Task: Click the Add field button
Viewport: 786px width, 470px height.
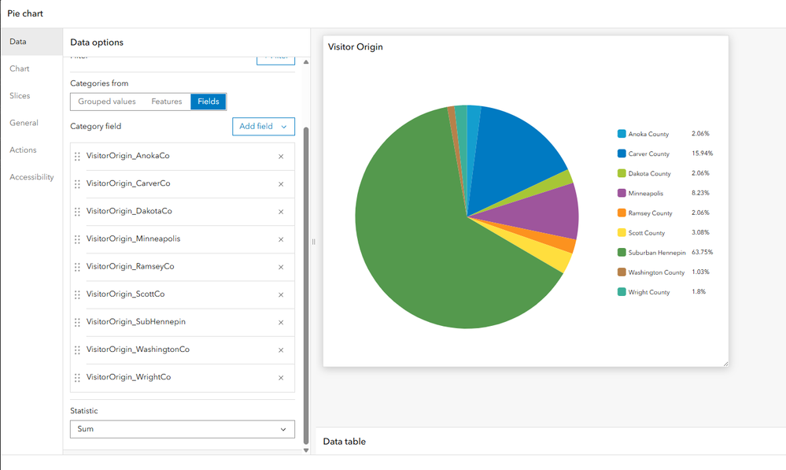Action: pyautogui.click(x=263, y=126)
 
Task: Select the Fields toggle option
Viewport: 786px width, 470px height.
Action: pyautogui.click(x=208, y=102)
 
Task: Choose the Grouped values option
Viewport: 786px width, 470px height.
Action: pyautogui.click(x=107, y=102)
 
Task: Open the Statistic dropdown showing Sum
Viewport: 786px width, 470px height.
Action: pyautogui.click(x=182, y=429)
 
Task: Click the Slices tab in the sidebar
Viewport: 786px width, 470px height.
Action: pyautogui.click(x=20, y=96)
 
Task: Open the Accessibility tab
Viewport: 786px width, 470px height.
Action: pyautogui.click(x=31, y=177)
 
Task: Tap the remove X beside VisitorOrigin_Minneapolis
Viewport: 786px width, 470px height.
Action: pyautogui.click(x=281, y=239)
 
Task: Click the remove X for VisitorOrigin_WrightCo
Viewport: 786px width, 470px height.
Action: pyautogui.click(x=281, y=378)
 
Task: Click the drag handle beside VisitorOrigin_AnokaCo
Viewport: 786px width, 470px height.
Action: pyautogui.click(x=77, y=157)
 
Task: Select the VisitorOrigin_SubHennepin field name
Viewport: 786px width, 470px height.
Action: pyautogui.click(x=135, y=322)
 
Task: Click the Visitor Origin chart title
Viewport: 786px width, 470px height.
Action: pyautogui.click(x=355, y=47)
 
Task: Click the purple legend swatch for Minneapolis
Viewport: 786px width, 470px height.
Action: pyautogui.click(x=622, y=194)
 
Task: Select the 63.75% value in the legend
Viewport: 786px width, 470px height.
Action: pyautogui.click(x=703, y=253)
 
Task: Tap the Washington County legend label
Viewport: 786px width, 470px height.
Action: pyautogui.click(x=656, y=272)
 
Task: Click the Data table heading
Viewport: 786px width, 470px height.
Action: pyautogui.click(x=344, y=442)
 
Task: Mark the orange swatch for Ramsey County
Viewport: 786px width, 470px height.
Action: pyautogui.click(x=622, y=213)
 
